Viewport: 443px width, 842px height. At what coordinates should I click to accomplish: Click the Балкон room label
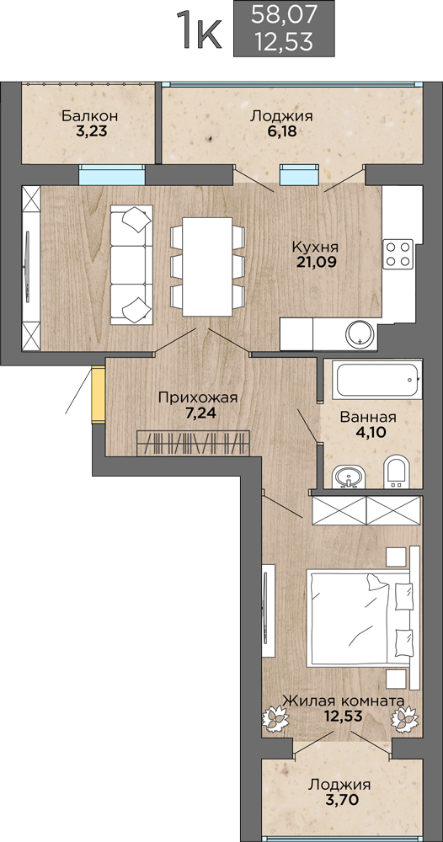click(89, 116)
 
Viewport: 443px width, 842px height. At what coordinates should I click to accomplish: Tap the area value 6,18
click(282, 131)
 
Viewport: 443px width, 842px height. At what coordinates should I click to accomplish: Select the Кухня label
click(315, 248)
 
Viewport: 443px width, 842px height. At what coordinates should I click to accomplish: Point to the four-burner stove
click(398, 254)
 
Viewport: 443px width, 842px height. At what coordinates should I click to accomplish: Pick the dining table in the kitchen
click(207, 267)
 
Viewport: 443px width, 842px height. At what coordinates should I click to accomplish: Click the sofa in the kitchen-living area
click(131, 264)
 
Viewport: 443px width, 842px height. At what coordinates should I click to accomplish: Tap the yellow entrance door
click(99, 394)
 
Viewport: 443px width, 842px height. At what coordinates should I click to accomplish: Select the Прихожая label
click(198, 398)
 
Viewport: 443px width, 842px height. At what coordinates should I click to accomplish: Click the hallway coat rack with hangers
click(194, 444)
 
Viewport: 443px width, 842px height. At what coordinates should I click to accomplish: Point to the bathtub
click(377, 381)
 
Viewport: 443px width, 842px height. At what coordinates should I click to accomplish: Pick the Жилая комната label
click(343, 701)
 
